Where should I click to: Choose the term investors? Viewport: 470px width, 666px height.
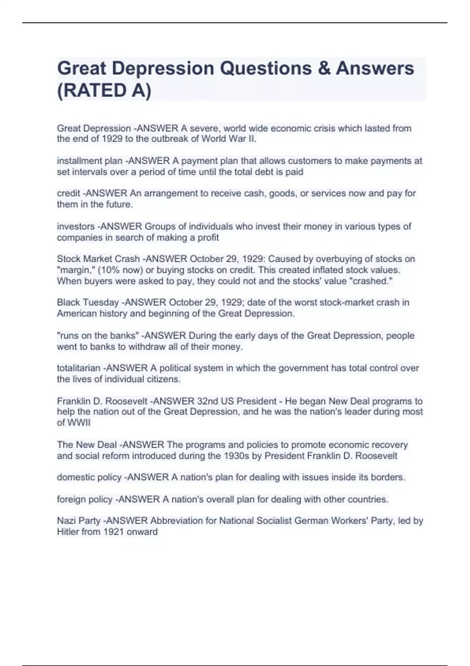click(x=76, y=226)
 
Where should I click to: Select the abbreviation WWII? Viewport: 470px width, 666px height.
click(x=79, y=423)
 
